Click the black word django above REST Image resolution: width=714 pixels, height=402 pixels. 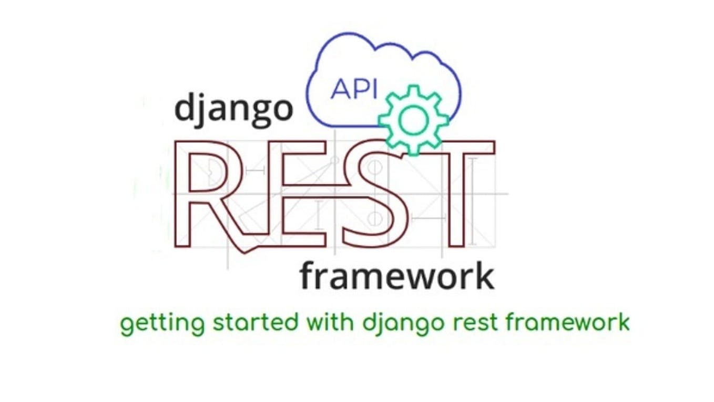(x=233, y=108)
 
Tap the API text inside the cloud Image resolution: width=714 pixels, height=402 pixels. (x=354, y=89)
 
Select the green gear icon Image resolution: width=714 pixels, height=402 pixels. (x=414, y=120)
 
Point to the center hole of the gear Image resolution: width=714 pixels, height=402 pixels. (x=414, y=120)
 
